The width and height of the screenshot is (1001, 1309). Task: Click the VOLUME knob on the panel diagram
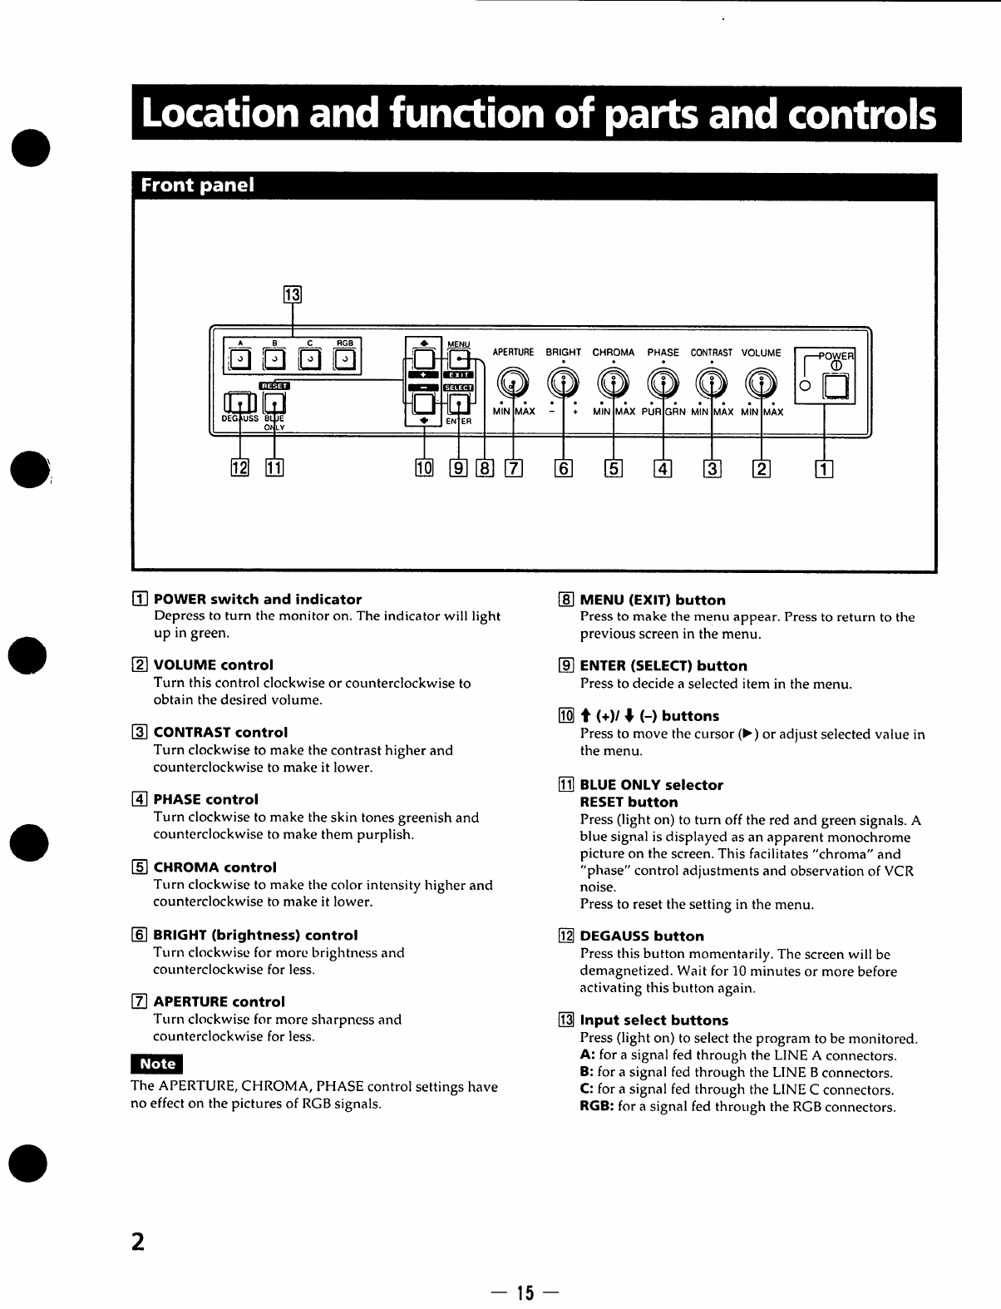point(762,383)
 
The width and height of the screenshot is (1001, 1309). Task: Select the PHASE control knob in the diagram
point(663,383)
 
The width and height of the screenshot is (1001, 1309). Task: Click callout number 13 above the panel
point(292,294)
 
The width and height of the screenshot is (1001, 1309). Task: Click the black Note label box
point(156,1064)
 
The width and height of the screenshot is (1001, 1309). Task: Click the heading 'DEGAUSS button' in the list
point(641,936)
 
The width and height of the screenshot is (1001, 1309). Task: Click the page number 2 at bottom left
point(138,1242)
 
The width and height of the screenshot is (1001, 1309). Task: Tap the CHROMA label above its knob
point(613,353)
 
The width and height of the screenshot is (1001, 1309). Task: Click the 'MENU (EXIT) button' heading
point(652,600)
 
